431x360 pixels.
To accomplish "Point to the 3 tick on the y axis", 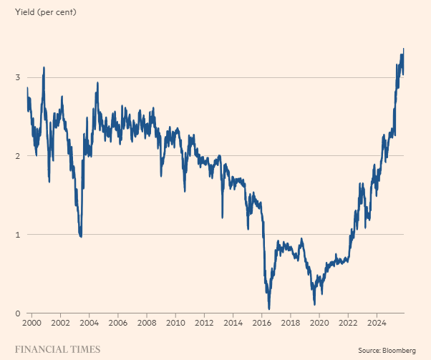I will point(17,77).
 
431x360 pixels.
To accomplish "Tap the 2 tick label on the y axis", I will point(17,156).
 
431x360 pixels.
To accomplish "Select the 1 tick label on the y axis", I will point(17,235).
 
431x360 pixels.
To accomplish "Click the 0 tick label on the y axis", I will point(17,313).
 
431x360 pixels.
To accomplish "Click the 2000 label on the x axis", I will point(32,323).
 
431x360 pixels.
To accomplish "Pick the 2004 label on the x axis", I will point(89,323).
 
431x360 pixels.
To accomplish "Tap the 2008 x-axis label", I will point(147,323).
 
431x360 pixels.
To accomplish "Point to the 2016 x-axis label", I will point(262,323).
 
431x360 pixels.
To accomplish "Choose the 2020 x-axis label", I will point(319,323).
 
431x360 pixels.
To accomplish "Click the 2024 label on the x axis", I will point(377,323).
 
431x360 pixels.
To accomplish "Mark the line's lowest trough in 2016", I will point(269,309).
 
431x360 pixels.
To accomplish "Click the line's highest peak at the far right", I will point(404,49).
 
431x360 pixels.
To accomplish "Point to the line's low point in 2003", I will point(81,236).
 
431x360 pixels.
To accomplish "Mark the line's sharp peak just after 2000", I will point(44,67).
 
